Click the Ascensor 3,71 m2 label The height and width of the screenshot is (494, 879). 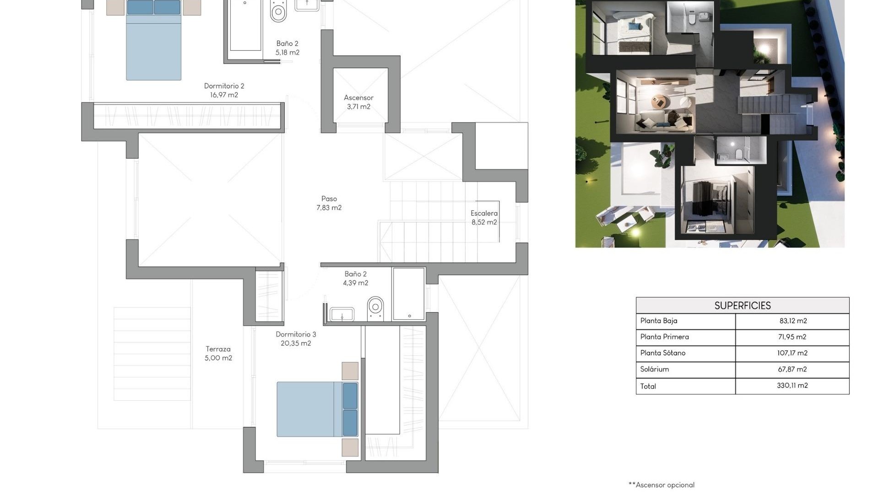(358, 102)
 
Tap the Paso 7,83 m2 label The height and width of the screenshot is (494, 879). (329, 203)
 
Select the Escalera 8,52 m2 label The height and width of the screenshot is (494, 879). (484, 218)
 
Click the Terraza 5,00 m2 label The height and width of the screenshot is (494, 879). (218, 354)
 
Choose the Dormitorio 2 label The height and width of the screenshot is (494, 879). (224, 90)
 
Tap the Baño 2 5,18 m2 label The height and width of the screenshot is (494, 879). (287, 48)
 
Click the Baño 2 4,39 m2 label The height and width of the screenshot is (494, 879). (355, 278)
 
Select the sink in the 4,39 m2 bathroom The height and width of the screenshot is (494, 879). (342, 314)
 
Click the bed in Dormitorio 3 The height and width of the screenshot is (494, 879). (316, 409)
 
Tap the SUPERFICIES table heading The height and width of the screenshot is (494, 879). (742, 306)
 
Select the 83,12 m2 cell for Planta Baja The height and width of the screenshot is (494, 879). (792, 321)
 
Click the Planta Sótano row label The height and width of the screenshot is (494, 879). (662, 353)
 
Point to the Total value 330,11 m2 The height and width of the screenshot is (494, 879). (792, 386)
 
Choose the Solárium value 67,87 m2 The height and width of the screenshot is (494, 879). (792, 369)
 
